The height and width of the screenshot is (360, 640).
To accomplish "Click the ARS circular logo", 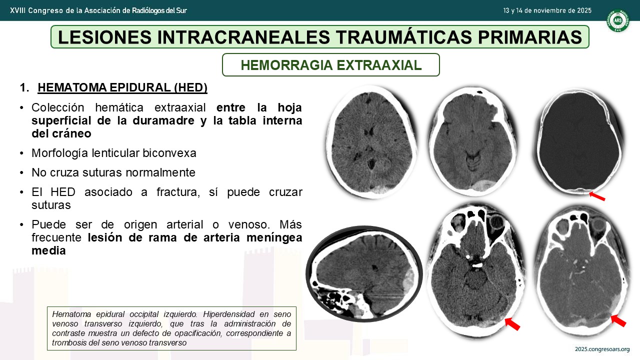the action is (x=618, y=20).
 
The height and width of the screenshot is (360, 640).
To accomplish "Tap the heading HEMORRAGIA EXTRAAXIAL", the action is (x=331, y=65).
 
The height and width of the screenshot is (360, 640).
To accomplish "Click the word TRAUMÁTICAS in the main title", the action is (x=403, y=37).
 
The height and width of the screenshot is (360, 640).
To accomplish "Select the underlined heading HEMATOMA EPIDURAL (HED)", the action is (x=122, y=87).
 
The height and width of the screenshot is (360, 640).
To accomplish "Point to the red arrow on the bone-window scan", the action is (x=597, y=196).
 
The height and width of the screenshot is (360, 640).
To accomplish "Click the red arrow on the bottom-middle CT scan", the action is (x=512, y=324).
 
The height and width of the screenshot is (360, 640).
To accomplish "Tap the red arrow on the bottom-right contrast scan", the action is (x=618, y=321).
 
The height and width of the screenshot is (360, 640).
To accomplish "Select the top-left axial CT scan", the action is (x=371, y=141).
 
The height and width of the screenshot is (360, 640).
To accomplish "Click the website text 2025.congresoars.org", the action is (x=602, y=349).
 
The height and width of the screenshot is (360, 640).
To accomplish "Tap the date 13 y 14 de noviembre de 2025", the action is (x=547, y=10).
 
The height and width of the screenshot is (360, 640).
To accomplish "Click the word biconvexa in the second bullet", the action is (x=169, y=153).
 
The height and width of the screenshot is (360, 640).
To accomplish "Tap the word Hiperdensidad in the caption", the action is (x=228, y=314).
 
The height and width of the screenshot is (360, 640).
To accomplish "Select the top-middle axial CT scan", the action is (x=473, y=141).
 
